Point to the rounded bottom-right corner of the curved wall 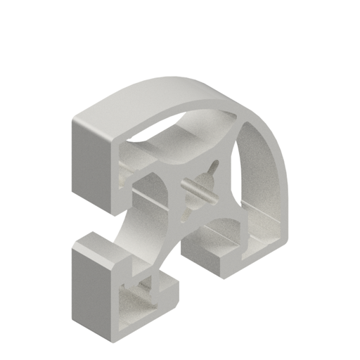pyautogui.click(x=288, y=239)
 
